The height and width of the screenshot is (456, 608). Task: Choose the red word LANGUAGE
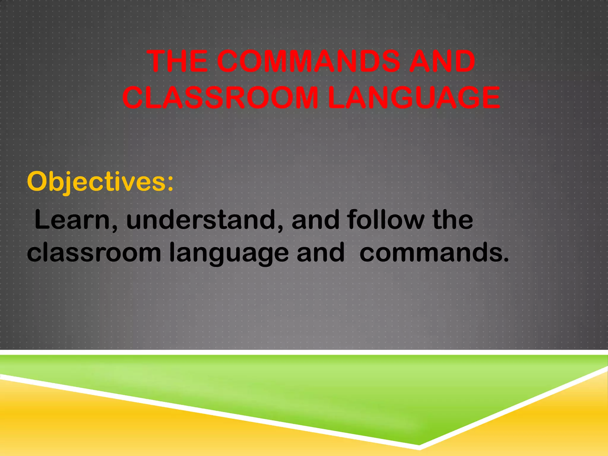pyautogui.click(x=414, y=97)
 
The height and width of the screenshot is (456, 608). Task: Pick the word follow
pyautogui.click(x=386, y=220)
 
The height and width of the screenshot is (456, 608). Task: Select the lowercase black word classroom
pyautogui.click(x=94, y=252)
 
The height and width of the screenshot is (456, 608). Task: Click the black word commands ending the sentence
pyautogui.click(x=430, y=252)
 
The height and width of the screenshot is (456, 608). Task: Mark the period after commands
pyautogui.click(x=506, y=260)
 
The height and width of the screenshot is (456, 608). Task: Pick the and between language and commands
pyautogui.click(x=321, y=252)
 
